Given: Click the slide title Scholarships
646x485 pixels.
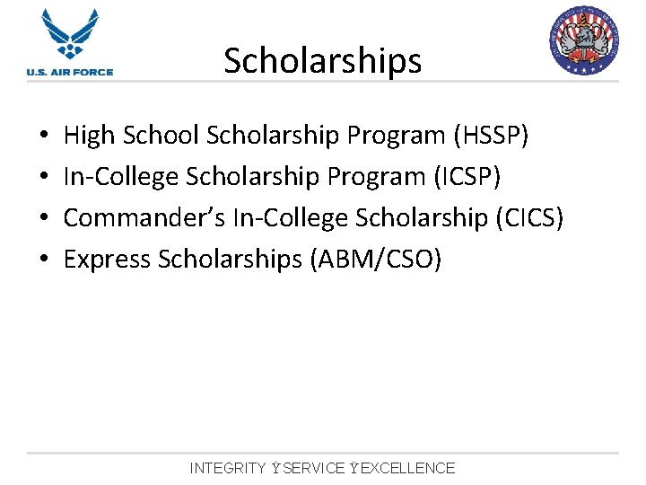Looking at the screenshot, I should coord(322,61).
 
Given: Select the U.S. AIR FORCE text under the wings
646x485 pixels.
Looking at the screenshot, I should coord(70,72).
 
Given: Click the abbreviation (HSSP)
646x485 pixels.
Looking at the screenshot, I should coord(492,136).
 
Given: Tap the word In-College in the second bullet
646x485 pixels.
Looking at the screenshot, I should coord(121,177).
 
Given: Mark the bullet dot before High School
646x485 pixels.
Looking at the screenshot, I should coord(44,137).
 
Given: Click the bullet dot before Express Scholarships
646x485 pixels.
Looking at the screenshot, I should coord(44,260).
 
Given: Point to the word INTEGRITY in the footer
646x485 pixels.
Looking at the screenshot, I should coord(228,468).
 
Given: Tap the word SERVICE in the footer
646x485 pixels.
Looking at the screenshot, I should coord(313,468).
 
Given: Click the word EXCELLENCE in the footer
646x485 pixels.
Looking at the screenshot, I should coord(408,468).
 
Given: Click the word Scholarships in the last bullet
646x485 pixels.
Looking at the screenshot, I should coord(230,260).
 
